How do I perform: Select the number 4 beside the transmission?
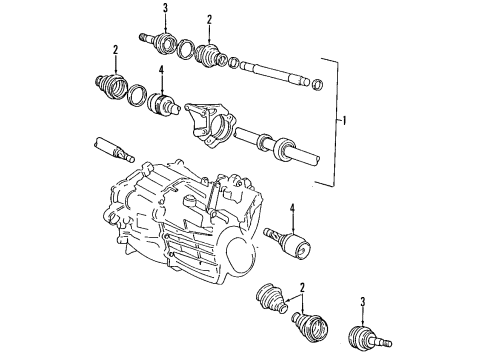(293, 209)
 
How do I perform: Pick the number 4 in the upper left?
(161, 70)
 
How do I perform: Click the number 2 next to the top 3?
(209, 19)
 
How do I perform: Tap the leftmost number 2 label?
(116, 50)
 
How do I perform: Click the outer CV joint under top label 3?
(160, 41)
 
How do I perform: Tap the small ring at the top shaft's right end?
(318, 82)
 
